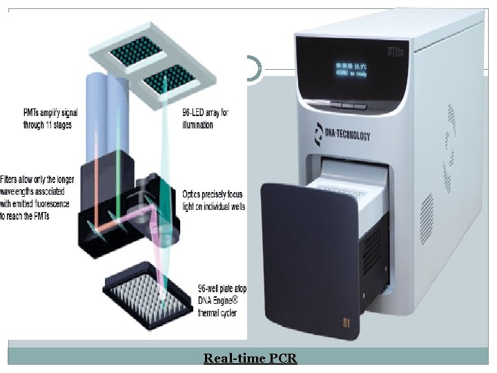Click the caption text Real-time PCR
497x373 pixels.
coord(250,358)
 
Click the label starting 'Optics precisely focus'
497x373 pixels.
coord(213,200)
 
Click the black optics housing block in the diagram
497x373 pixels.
coord(124,207)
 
